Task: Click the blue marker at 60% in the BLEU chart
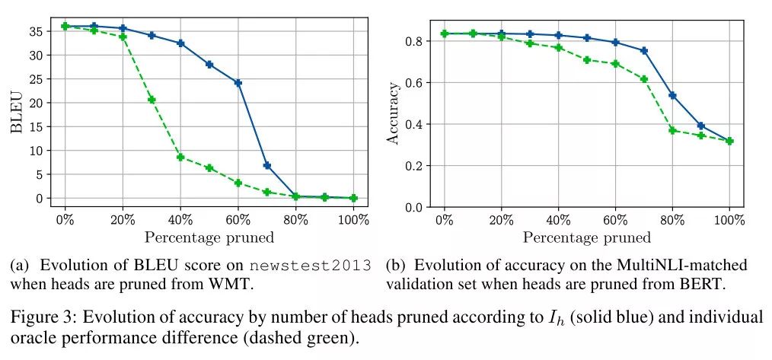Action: (238, 82)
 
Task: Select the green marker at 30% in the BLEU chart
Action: (152, 100)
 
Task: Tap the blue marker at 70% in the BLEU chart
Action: (266, 165)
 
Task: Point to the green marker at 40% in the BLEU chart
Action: (180, 157)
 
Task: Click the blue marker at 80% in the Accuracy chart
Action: (672, 95)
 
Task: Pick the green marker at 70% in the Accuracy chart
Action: (644, 79)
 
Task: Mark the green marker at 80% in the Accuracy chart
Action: (672, 130)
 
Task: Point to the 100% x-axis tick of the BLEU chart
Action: (353, 219)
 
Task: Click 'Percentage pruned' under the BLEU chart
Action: (209, 237)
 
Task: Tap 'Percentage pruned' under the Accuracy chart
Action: (587, 237)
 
